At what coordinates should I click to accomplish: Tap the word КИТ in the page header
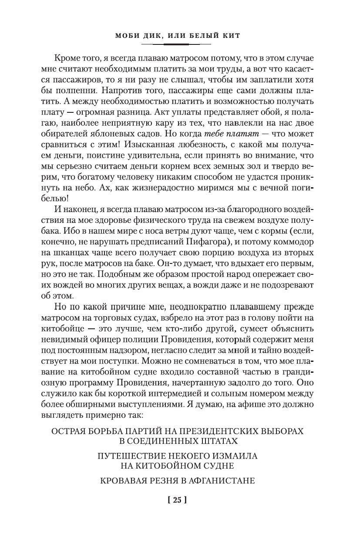click(x=230, y=35)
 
